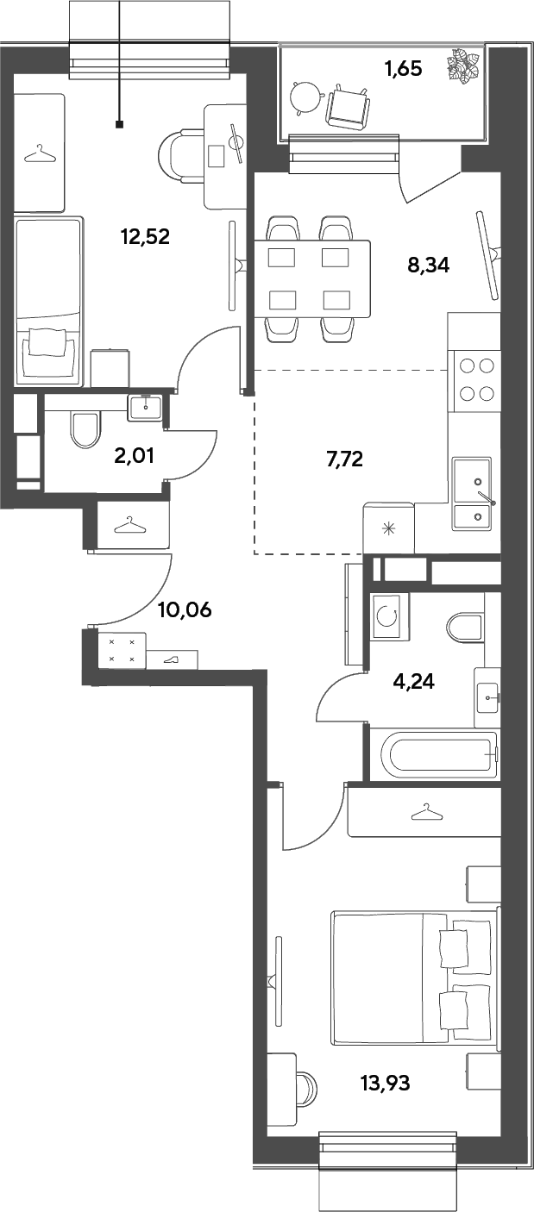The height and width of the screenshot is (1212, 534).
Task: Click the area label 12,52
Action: [x=146, y=236]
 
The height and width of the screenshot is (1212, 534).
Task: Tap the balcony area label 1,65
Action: [x=403, y=69]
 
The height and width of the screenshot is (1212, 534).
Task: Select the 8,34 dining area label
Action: [x=429, y=266]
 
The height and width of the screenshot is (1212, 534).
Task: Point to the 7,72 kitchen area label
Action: [x=344, y=459]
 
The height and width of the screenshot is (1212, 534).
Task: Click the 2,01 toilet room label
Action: [x=134, y=456]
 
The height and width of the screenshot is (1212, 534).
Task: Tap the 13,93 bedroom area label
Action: [x=385, y=1083]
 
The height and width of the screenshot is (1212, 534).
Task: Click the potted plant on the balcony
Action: [x=464, y=65]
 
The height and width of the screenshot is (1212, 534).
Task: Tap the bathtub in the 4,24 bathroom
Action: [x=439, y=755]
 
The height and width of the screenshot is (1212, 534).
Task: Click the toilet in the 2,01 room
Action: [x=85, y=429]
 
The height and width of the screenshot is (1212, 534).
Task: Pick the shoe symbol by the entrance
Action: [x=173, y=659]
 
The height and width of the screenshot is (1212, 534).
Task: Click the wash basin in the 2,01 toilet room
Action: [x=145, y=407]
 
